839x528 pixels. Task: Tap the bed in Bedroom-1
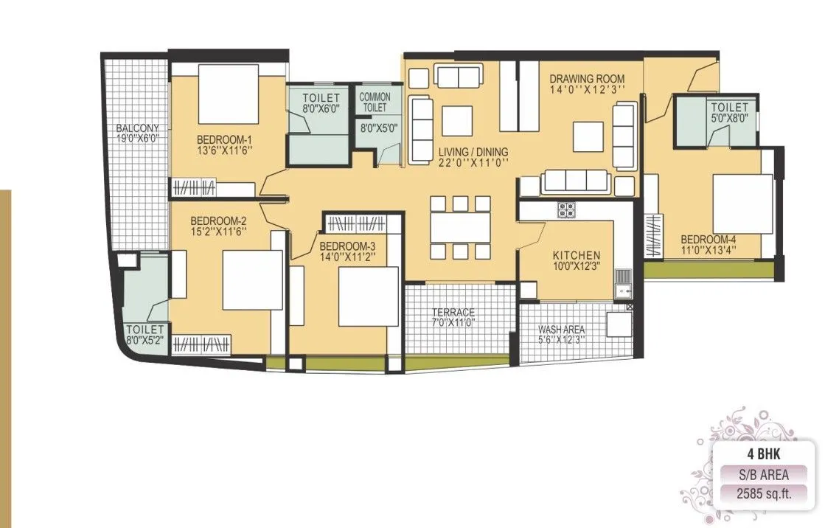[229, 94]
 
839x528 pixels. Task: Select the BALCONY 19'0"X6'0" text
[138, 133]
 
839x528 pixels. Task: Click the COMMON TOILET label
[375, 103]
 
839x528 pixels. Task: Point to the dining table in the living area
[461, 227]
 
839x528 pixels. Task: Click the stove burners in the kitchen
[566, 209]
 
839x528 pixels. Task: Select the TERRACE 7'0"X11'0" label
[453, 318]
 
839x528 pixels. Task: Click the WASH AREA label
[562, 335]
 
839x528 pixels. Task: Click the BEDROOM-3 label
[347, 251]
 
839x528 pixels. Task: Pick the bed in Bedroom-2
[253, 280]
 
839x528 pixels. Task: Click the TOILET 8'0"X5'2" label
[145, 335]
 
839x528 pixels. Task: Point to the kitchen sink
[622, 280]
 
